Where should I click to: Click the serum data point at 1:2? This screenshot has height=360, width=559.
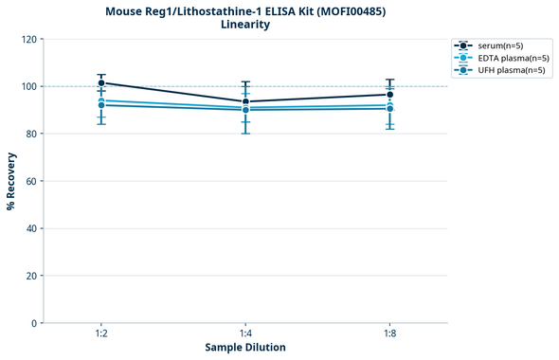(101, 83)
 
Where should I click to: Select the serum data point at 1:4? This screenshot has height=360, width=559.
(245, 101)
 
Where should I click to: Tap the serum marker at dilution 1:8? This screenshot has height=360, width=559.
(389, 95)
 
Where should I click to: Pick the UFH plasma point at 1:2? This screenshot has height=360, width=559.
(101, 105)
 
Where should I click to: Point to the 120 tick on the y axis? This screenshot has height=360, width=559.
(28, 40)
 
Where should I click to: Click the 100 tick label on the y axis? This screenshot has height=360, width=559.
(28, 87)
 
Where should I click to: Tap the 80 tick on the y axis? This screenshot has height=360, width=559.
(31, 135)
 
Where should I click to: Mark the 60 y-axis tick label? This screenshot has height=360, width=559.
(31, 181)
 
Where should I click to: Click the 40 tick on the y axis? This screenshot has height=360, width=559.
(31, 228)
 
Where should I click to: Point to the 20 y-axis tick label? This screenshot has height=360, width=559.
(31, 276)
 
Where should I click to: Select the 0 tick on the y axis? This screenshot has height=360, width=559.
(34, 323)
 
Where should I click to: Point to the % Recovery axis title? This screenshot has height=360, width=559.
(11, 181)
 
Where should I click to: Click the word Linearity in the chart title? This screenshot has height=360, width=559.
(244, 25)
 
